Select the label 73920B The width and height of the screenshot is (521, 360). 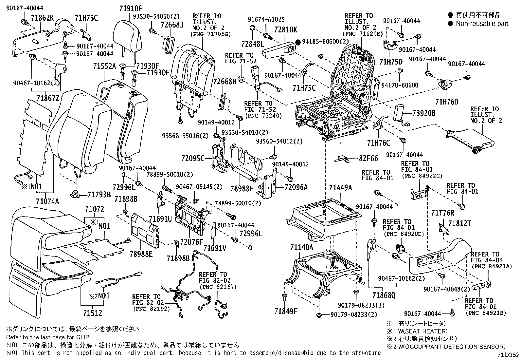tap(424, 113)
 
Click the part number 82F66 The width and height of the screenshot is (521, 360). tap(368, 159)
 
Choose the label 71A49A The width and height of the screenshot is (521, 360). tap(341, 187)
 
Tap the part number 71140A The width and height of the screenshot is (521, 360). tap(301, 247)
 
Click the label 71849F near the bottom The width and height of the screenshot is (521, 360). tap(286, 311)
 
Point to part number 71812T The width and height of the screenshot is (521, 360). tap(459, 223)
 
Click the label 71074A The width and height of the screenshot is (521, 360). tap(48, 201)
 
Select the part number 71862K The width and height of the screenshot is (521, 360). tap(43, 18)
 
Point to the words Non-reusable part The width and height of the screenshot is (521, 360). tap(482, 23)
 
